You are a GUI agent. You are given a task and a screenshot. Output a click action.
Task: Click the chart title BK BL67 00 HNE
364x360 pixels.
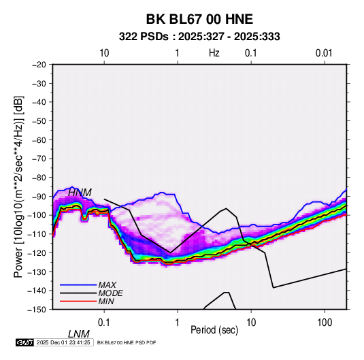point(199,19)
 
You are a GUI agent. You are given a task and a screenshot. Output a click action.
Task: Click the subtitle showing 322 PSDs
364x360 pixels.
point(199,37)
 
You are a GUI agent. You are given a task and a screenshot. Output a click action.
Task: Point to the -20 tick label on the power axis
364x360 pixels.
point(39,65)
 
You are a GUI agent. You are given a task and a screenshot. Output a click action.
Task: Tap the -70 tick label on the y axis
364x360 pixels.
point(39,159)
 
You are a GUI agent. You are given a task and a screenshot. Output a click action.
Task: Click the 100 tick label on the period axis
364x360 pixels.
point(325,323)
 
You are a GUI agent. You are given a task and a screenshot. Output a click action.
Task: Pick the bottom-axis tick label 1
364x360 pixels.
point(178,323)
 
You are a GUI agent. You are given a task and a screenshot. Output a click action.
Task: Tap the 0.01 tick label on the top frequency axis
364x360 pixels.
point(324,53)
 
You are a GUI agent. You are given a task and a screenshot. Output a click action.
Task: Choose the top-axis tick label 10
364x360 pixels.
point(104,53)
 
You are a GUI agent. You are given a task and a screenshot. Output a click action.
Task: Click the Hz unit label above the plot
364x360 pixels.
point(214,53)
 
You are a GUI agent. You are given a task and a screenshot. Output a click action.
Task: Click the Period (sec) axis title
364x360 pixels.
point(214,330)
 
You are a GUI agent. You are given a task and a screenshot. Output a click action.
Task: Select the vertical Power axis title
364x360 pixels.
point(18,186)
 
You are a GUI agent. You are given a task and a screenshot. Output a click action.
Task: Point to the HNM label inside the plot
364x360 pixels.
point(80,193)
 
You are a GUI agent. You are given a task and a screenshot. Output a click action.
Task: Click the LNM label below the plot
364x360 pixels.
point(79,334)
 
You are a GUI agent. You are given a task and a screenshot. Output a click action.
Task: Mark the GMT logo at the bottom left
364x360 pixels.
point(25,342)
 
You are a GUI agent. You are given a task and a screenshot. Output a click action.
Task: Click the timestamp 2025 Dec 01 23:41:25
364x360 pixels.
point(63,342)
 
